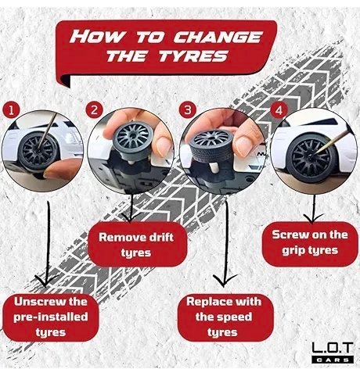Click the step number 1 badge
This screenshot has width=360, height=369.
pyautogui.click(x=11, y=110)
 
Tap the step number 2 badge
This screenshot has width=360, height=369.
pyautogui.click(x=94, y=109)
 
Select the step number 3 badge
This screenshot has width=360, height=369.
pyautogui.click(x=188, y=109)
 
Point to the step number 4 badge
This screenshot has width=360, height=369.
pyautogui.click(x=279, y=110)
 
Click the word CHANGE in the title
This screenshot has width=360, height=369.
pyautogui.click(x=218, y=38)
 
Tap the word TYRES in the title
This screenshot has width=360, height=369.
pyautogui.click(x=193, y=56)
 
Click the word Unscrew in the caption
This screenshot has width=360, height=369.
pyautogui.click(x=40, y=302)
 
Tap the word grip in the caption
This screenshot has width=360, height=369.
pyautogui.click(x=293, y=251)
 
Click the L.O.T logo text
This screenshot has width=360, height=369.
pyautogui.click(x=333, y=349)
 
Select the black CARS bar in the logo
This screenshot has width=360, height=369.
pyautogui.click(x=333, y=360)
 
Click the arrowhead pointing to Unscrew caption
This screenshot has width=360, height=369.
pyautogui.click(x=46, y=280)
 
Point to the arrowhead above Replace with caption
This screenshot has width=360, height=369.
pyautogui.click(x=224, y=281)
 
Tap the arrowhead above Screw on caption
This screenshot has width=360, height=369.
pyautogui.click(x=312, y=218)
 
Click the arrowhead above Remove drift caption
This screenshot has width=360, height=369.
pyautogui.click(x=131, y=218)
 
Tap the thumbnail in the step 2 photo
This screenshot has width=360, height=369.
pyautogui.click(x=162, y=145)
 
